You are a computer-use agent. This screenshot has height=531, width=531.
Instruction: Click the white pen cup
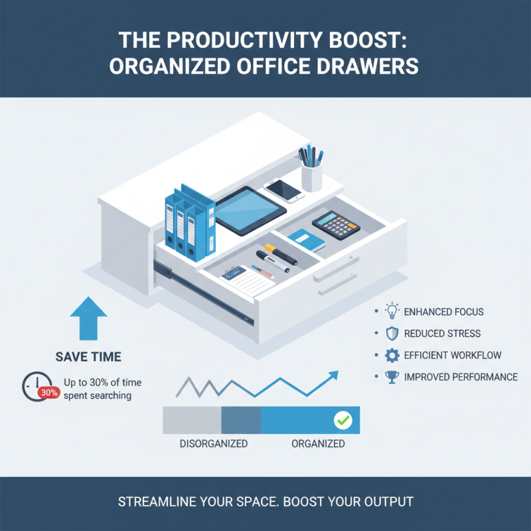pos(311,176)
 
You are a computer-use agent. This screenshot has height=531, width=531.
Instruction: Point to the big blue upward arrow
pos(88,318)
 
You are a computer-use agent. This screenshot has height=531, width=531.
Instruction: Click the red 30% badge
pos(48,392)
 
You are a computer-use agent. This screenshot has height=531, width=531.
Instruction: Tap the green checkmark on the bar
pos(342,420)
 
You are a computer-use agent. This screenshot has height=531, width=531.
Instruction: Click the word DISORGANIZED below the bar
pos(214,443)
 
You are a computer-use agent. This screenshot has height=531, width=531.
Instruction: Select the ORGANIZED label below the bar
pos(318,443)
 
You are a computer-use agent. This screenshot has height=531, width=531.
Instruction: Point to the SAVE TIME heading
pos(88,357)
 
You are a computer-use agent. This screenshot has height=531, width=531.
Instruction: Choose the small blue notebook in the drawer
pos(307,240)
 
